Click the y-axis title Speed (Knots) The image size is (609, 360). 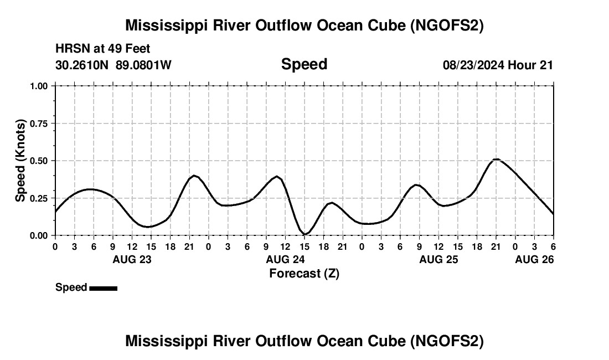tap(20, 161)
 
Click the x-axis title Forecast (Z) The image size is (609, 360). tap(304, 273)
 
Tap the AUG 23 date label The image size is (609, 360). tap(132, 259)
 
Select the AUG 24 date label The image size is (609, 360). tap(285, 259)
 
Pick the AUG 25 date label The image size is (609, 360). tap(438, 259)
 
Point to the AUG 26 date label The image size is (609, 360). tap(534, 259)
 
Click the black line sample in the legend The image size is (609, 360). tap(103, 288)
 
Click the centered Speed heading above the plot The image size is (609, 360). tap(304, 64)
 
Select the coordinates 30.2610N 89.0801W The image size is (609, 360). tap(113, 65)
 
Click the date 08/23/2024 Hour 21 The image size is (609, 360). tap(498, 65)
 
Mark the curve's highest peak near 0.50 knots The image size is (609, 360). tap(496, 160)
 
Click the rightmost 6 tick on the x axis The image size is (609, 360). tap(553, 246)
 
